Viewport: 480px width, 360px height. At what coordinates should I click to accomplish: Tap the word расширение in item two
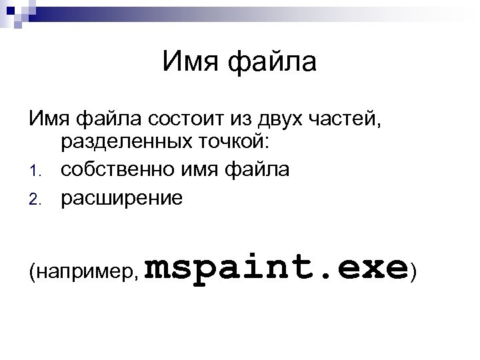121,197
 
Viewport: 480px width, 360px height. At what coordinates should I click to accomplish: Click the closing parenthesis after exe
415,269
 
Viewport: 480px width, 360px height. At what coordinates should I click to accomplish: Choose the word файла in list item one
260,171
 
